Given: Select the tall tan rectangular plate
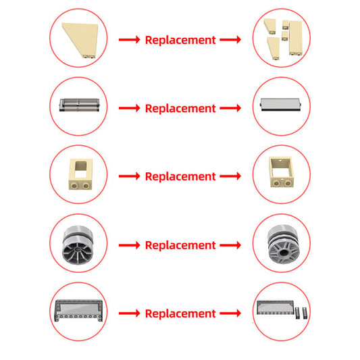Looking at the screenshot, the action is point(296,38).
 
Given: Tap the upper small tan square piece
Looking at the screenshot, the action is point(286,25).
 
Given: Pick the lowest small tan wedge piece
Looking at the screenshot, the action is point(274,48).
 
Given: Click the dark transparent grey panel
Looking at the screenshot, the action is point(80,105).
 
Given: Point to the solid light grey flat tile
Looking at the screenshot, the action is point(280,105).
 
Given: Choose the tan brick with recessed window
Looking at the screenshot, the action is point(80,174).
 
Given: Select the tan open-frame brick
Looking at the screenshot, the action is point(282,172).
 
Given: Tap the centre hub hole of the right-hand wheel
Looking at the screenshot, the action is point(284,253).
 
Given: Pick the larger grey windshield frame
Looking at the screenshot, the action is point(78,310).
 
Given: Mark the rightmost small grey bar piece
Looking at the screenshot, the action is point(305,313).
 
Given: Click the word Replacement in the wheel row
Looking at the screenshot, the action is point(180,245).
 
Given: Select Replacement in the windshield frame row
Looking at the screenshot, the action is point(180,313).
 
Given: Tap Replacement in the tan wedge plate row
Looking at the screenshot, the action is point(180,40).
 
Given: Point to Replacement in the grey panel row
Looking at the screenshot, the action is point(180,108).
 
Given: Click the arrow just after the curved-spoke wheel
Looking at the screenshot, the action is point(129,245).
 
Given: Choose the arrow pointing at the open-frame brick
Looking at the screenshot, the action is point(230,176).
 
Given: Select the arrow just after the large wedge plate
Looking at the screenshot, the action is point(129,40).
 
